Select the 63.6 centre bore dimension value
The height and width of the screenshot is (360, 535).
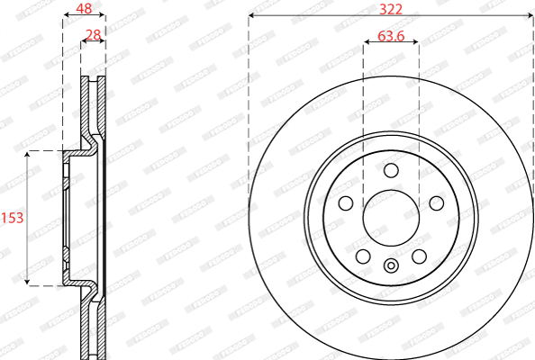point(391,36)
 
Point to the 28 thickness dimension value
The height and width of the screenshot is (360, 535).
point(92,36)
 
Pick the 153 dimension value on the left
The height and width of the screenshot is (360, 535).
point(12,218)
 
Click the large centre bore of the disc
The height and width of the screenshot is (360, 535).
point(391,219)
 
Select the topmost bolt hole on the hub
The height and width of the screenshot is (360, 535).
point(391,171)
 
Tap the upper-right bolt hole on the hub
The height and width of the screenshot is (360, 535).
point(436,203)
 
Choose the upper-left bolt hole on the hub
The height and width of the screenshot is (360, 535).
point(346,203)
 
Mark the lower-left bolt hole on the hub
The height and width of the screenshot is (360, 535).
point(363,256)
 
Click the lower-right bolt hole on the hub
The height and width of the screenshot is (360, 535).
point(419,256)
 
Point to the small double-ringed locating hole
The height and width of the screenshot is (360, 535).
point(391,265)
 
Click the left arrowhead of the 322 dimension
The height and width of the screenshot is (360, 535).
point(251,16)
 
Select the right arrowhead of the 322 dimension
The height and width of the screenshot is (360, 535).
point(530,16)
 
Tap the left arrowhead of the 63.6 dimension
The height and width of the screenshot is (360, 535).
point(367,43)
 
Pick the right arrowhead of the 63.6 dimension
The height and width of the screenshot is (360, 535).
point(415,43)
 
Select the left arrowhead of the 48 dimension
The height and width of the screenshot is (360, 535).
point(65,16)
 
